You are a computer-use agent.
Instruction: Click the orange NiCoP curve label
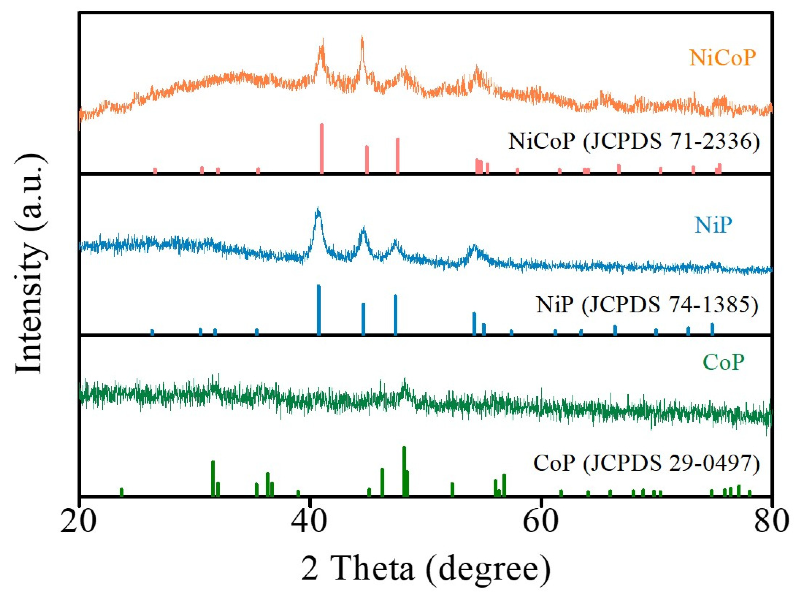click(722, 58)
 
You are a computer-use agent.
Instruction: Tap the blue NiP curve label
click(713, 225)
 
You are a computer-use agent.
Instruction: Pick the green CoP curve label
click(724, 362)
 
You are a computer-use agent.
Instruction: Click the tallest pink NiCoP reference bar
click(322, 148)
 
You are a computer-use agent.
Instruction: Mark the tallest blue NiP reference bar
click(318, 310)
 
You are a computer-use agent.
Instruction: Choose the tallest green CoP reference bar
click(404, 471)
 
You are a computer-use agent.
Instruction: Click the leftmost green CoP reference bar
click(122, 492)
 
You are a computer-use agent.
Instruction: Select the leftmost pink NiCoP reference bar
click(155, 171)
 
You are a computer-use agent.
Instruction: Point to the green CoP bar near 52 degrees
click(452, 489)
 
